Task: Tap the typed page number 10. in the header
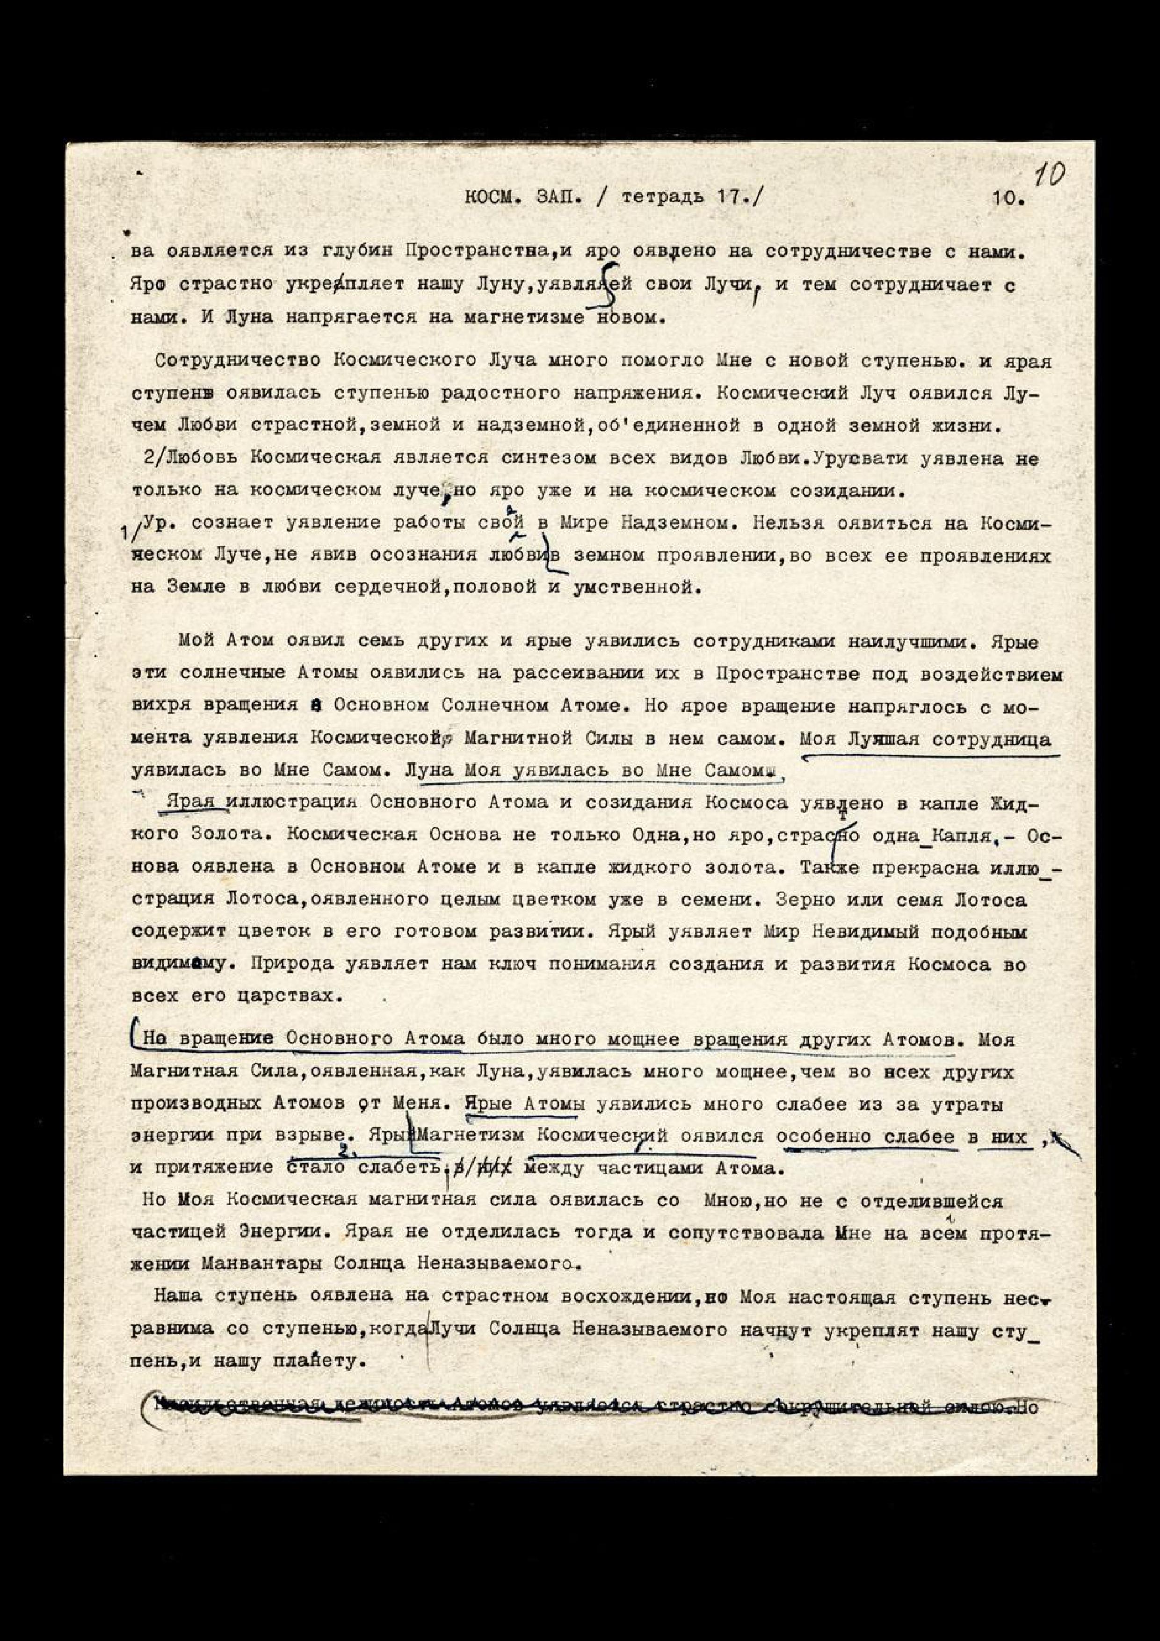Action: click(x=1008, y=199)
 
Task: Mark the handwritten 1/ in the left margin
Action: click(x=131, y=533)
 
